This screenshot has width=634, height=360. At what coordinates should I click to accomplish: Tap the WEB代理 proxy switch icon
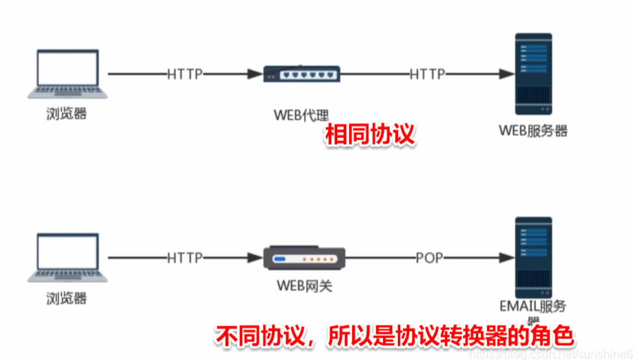[x=302, y=73]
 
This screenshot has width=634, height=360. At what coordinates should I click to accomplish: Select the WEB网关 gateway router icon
[x=303, y=259]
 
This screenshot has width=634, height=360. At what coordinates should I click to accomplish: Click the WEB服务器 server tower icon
[x=533, y=73]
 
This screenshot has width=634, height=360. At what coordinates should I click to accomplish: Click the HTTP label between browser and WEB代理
[x=185, y=73]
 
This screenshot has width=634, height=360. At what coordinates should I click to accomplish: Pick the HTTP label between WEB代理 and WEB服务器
[x=427, y=73]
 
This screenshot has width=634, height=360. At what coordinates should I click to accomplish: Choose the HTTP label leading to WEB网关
[x=185, y=258]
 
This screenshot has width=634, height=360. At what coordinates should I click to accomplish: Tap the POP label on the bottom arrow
[x=429, y=258]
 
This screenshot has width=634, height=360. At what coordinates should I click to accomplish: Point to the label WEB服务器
[x=533, y=131]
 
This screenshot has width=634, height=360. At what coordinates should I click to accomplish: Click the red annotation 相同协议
[x=369, y=136]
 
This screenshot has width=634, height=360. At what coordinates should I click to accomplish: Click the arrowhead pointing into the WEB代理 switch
[x=253, y=73]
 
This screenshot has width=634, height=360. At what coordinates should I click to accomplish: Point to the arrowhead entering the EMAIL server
[x=506, y=258]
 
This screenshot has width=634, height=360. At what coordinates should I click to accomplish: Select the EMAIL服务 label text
[x=533, y=306]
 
